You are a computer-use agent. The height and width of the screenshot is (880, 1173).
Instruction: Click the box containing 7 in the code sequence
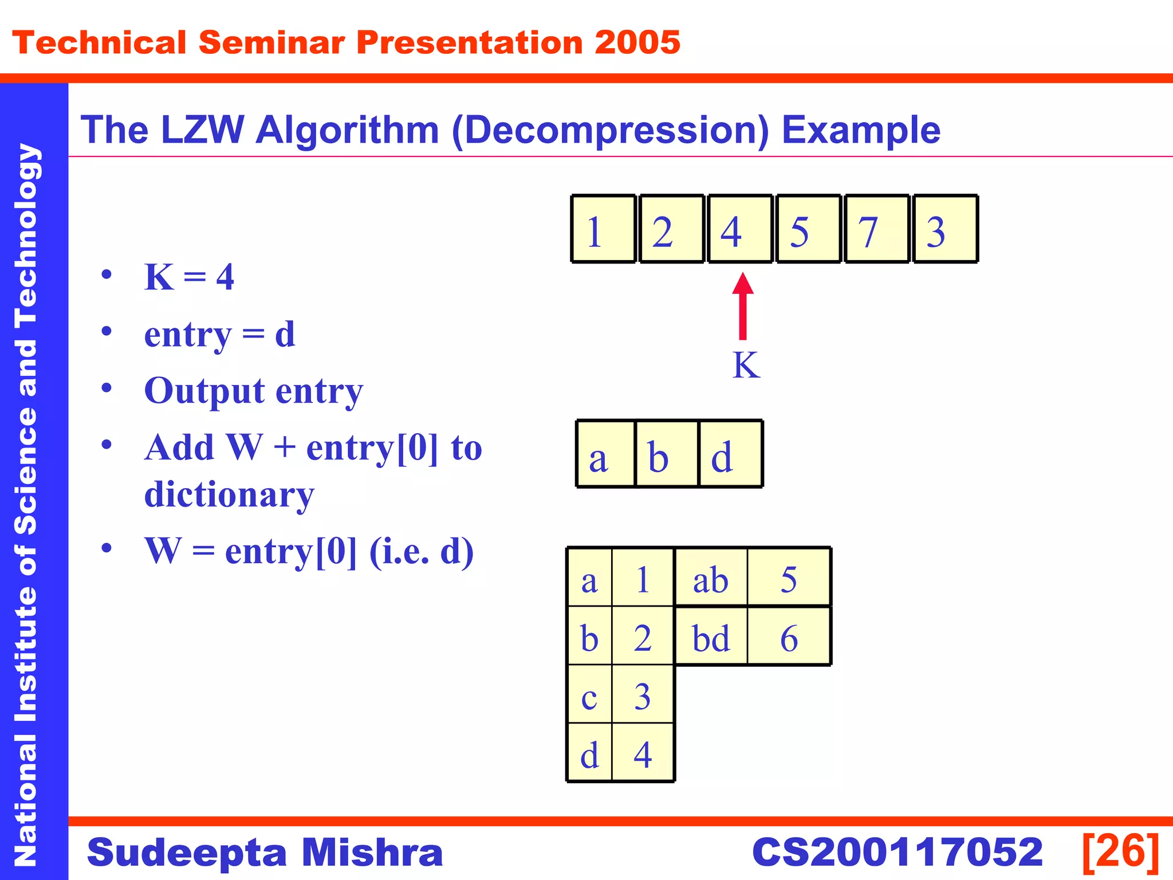[876, 229]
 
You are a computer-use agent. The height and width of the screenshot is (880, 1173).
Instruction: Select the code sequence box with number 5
[808, 229]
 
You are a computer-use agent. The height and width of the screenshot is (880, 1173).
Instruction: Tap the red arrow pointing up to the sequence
[743, 307]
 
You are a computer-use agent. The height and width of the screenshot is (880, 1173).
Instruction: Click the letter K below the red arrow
[746, 365]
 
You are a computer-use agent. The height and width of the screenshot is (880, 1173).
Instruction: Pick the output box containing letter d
[730, 454]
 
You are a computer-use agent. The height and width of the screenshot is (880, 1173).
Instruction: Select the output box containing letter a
[606, 454]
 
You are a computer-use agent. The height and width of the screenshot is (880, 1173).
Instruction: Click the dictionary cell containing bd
[711, 637]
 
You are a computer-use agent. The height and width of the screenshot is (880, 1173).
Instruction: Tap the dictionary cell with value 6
[789, 637]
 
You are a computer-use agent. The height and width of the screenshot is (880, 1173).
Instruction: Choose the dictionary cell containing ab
[711, 579]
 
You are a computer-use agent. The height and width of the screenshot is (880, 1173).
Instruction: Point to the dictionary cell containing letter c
[589, 696]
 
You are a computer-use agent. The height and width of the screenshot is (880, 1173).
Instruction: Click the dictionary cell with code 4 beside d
[643, 754]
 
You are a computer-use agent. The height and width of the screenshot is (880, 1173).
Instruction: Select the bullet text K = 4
[189, 277]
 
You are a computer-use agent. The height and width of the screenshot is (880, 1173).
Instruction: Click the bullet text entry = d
[219, 334]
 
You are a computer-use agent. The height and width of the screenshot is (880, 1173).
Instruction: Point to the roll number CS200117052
[897, 852]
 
